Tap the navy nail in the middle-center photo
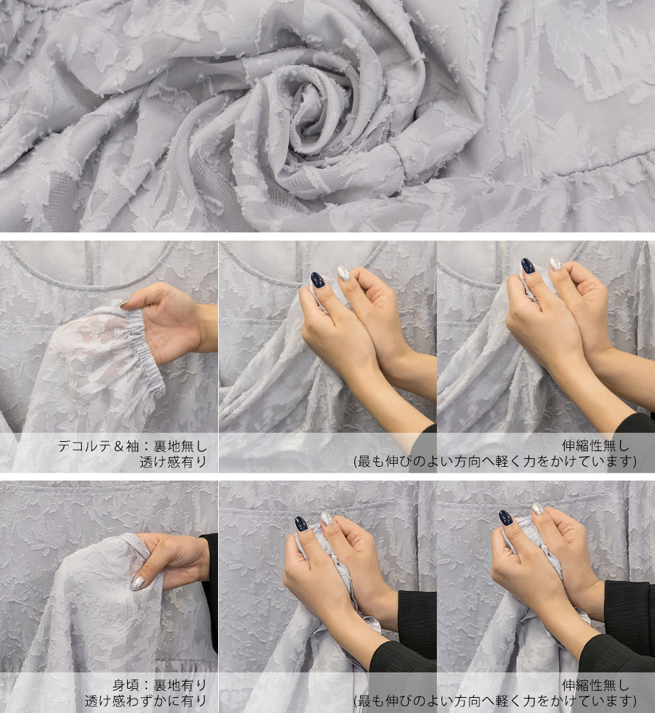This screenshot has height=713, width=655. pos(316,280)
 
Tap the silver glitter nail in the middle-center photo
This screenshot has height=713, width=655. pos(344,273)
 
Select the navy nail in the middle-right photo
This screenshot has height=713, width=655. pos(528,266)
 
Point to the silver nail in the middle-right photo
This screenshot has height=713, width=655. pos(556,263)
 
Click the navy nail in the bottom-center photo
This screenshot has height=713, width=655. pos(301,523)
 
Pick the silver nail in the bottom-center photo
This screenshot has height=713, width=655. pos(327,518)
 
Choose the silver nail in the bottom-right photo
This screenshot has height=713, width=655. pos(538,508)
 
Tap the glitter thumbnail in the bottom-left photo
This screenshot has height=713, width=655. pos(138,583)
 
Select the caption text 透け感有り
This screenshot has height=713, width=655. pos(174,462)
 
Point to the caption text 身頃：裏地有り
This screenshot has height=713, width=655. pos(160,685)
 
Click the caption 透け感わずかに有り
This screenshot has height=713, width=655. pos(146,701)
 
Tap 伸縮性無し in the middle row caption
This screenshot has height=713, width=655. pos(596,445)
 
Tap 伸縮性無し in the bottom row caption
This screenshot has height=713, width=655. pos(596,685)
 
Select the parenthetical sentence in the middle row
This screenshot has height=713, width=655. pos(495,462)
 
